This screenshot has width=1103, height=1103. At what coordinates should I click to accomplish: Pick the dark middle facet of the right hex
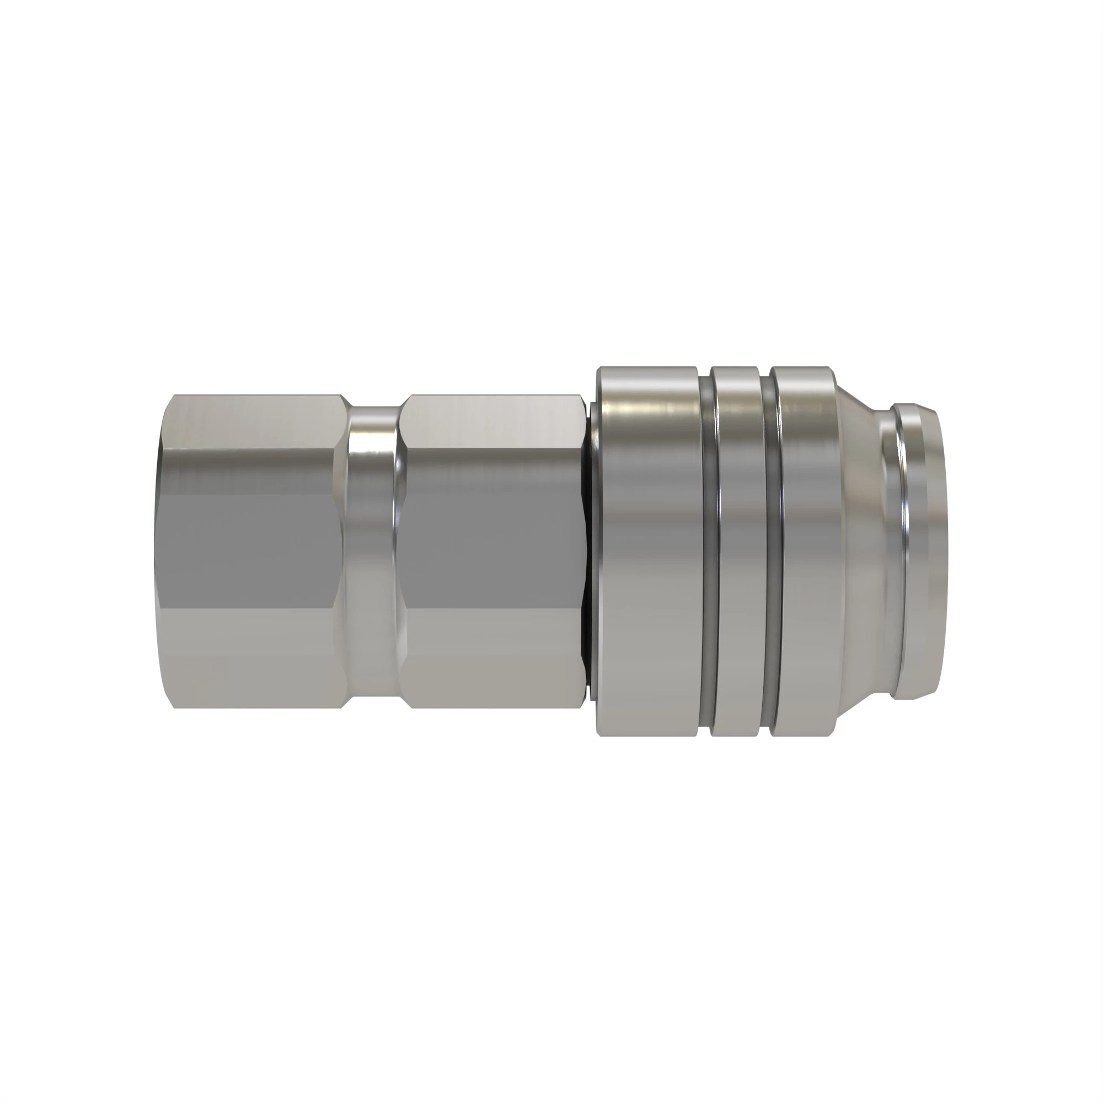491,548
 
